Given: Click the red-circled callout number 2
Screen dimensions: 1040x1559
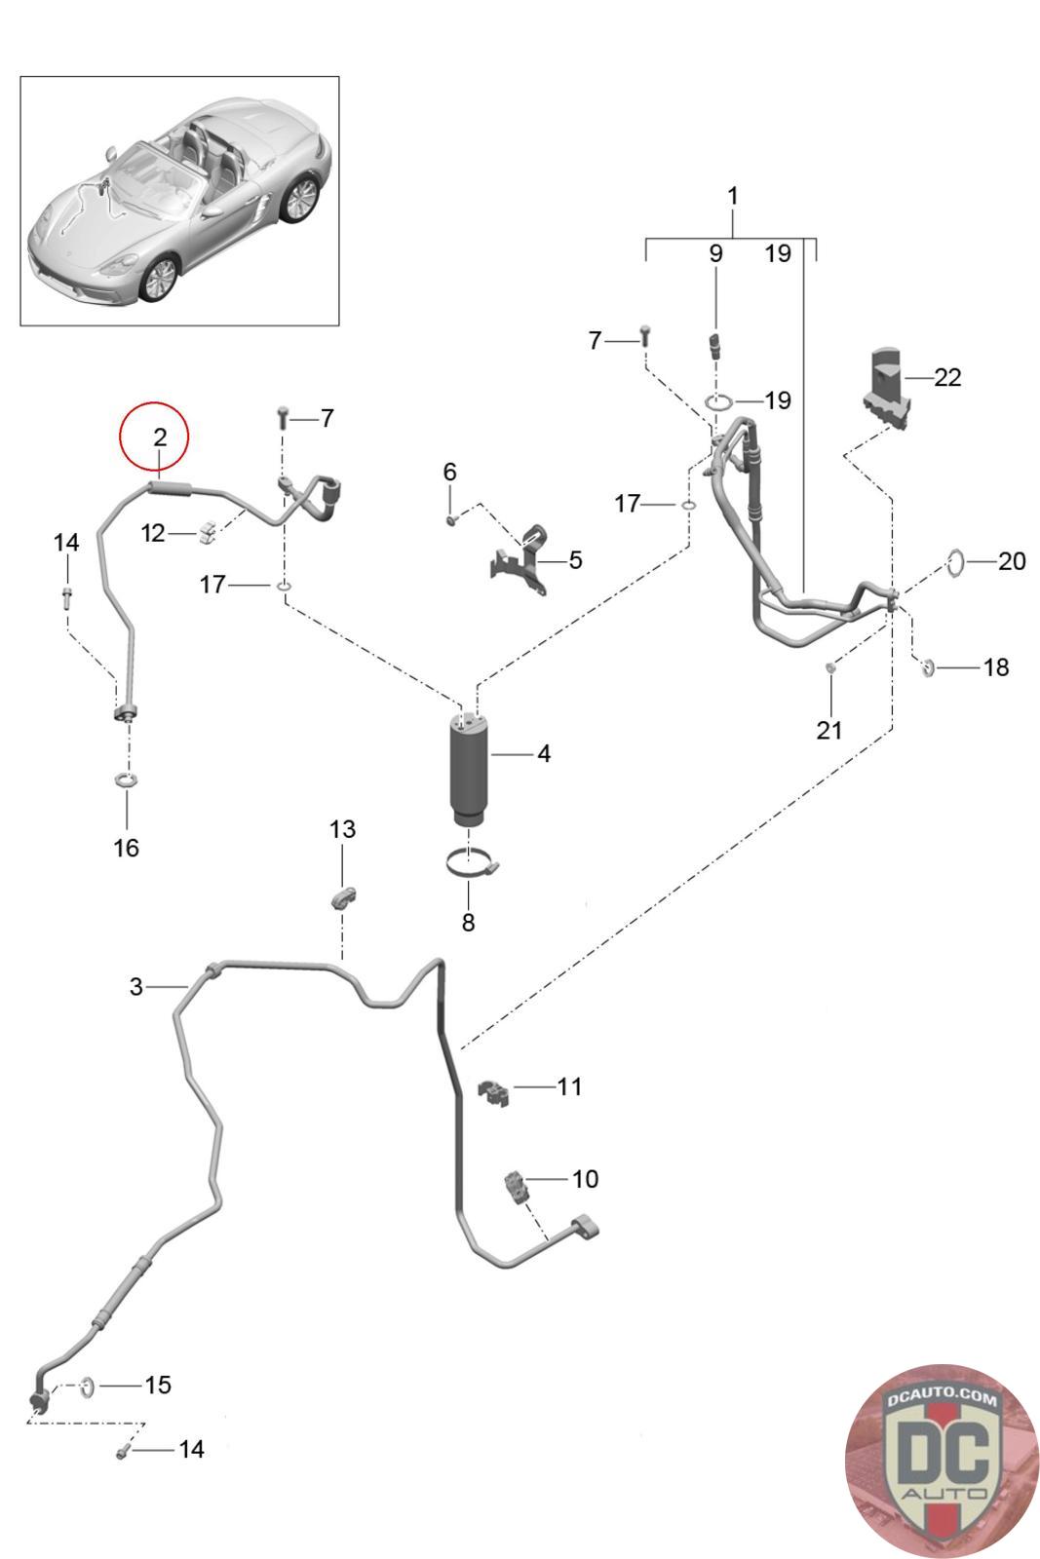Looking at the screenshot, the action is click(x=160, y=437).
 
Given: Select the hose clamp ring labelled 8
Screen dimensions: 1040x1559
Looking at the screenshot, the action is click(x=473, y=864).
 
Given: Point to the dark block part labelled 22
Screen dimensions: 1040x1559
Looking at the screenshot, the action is click(x=888, y=389).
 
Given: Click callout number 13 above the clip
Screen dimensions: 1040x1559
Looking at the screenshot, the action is click(x=342, y=829).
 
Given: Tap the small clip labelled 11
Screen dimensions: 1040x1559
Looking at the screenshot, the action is click(x=493, y=1092).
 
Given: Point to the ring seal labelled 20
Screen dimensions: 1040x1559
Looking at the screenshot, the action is click(x=956, y=562).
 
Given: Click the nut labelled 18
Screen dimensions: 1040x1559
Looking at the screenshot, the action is click(x=927, y=668).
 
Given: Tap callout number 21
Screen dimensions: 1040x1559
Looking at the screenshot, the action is click(x=829, y=730).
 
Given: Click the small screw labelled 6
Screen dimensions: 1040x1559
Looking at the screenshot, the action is click(x=450, y=519).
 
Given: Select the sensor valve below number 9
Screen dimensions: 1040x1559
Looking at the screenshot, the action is click(x=714, y=345).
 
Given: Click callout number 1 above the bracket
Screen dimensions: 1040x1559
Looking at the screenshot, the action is click(x=732, y=196).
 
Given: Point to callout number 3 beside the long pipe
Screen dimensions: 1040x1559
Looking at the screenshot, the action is click(x=136, y=986).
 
